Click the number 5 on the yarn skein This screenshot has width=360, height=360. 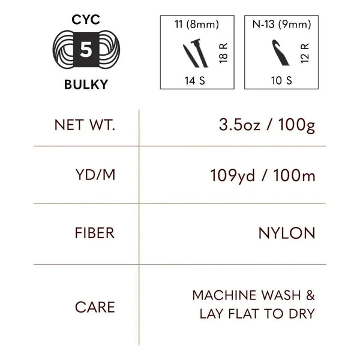pos(86,50)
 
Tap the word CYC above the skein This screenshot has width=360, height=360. pos(86,20)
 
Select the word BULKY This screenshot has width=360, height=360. pos(86,84)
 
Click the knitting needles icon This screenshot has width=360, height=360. pos(196,53)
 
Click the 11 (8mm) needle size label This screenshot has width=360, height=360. pos(197,24)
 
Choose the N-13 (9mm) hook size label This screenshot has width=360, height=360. pos(281,24)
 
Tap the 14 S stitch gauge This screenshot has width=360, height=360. pos(194,80)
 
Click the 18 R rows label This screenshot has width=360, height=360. pos(223,53)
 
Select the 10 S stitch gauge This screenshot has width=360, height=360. pos(281,80)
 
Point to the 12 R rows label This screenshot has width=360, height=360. pos(305,53)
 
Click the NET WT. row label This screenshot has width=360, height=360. pos(85,125)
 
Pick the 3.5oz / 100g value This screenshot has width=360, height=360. pos(267,125)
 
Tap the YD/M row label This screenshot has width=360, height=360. pos(95,175)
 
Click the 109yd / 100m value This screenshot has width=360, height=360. pos(263,176)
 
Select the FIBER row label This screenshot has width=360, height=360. pos(95,233)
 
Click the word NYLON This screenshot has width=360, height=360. pos(287,233)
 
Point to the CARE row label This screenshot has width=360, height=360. pos(95,307)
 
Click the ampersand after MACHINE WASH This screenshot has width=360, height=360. pos(310,295)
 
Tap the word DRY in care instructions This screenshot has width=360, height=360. pos(302,314)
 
